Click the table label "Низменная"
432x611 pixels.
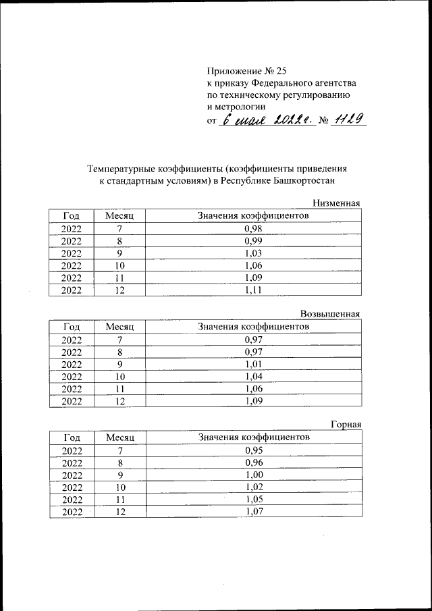[x=336, y=203]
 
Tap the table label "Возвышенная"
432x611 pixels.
[x=330, y=313]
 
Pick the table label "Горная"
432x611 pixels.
[x=346, y=424]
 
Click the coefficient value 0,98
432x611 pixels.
[x=253, y=228]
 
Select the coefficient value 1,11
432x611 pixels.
[x=253, y=290]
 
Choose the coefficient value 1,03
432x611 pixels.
[x=253, y=253]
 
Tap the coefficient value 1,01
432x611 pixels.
[x=253, y=363]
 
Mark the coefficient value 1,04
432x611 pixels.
[x=253, y=375]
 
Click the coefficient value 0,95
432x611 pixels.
[x=253, y=450]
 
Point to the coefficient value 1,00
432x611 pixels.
[x=253, y=474]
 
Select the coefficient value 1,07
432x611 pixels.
[x=253, y=511]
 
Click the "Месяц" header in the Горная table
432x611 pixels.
[x=119, y=437]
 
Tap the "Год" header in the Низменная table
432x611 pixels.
[x=72, y=216]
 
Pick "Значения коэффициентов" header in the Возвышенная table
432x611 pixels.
[x=253, y=326]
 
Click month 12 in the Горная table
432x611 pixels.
[x=119, y=511]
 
